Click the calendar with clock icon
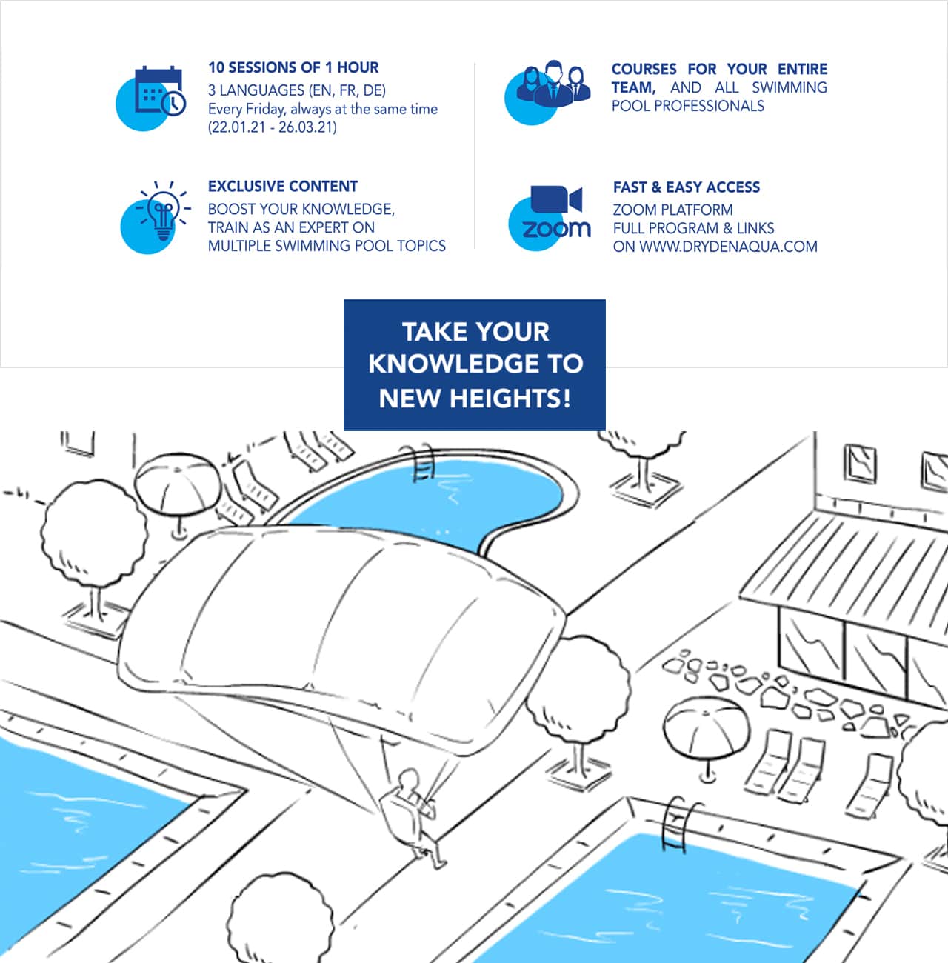pos(160,90)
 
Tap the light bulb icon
pos(164,210)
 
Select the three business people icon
pos(554,84)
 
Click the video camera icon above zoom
pos(556,199)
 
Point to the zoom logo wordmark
pos(556,229)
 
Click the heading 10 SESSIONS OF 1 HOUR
pos(293,67)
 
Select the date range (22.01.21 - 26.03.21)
pos(273,127)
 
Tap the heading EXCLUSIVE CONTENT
pos(283,186)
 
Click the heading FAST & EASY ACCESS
pos(686,187)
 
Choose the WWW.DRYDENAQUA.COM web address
pos(729,247)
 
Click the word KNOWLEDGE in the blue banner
pos(453,364)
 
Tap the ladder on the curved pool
pos(423,463)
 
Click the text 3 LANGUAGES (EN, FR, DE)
pos(297,90)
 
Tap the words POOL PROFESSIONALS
pos(687,106)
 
